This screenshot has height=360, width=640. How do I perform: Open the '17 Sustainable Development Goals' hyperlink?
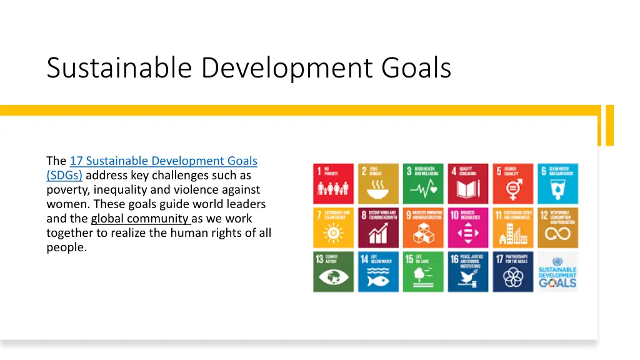[x=163, y=161]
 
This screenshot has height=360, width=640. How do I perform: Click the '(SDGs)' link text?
[x=64, y=176]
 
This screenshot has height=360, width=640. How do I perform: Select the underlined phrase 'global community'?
[x=140, y=219]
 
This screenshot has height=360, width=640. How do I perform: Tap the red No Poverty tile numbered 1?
[x=334, y=184]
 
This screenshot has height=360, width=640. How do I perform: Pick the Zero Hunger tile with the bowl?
[x=379, y=184]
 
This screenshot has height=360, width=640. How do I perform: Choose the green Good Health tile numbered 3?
[x=423, y=184]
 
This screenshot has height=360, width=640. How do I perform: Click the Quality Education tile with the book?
[x=468, y=184]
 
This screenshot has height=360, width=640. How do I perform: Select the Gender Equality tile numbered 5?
[x=513, y=184]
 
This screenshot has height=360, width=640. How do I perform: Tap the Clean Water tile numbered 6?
[x=558, y=184]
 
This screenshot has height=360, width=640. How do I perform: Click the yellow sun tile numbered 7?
[x=334, y=227]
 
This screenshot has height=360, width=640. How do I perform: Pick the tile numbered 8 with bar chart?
[x=379, y=227]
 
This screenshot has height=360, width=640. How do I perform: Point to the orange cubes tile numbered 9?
[x=423, y=227]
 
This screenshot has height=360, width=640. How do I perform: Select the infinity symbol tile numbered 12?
[x=558, y=227]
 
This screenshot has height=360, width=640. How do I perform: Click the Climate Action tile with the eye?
[x=334, y=272]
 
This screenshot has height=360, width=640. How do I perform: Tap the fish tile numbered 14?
[x=379, y=272]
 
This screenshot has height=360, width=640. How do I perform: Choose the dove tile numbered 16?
[x=468, y=272]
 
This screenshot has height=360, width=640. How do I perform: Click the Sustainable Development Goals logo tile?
[x=558, y=272]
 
